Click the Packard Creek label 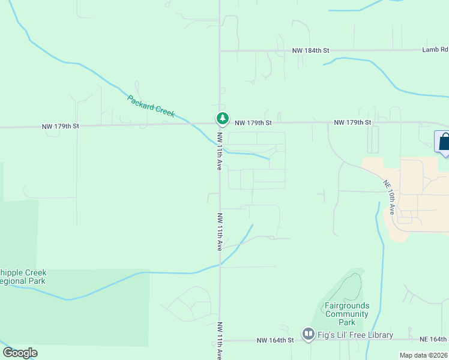coord(151,106)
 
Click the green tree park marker coord(222,118)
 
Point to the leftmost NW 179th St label coord(60,126)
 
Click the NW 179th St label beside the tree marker coord(253,122)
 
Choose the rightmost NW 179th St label coord(352,122)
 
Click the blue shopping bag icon coord(444,142)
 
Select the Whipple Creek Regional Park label coord(23,277)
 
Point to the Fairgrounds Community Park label coord(347,314)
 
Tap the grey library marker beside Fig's coord(309,334)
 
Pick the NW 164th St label coord(275,340)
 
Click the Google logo coord(20,353)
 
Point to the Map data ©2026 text coord(423,355)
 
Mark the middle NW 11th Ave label coord(220,231)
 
